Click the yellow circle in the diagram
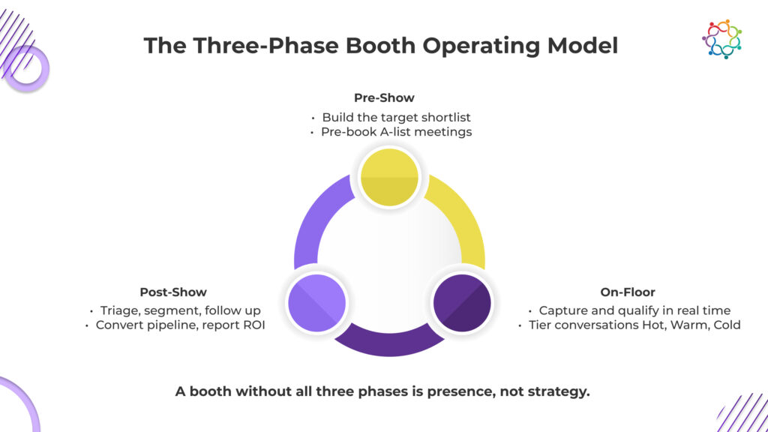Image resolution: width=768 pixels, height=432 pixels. pyautogui.click(x=389, y=177)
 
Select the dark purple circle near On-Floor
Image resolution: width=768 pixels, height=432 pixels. pyautogui.click(x=462, y=303)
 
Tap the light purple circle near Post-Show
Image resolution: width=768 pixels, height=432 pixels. pyautogui.click(x=317, y=303)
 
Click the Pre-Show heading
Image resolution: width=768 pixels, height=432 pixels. pyautogui.click(x=384, y=98)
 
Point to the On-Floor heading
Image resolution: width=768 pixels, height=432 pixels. pyautogui.click(x=628, y=292)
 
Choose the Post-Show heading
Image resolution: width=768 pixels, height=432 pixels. pyautogui.click(x=173, y=292)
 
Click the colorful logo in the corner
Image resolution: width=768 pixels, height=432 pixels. pyautogui.click(x=721, y=39)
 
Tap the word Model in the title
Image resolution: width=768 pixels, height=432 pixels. pyautogui.click(x=582, y=46)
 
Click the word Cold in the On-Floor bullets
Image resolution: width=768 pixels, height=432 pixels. pyautogui.click(x=727, y=325)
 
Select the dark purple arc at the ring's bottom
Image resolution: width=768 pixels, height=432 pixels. pyautogui.click(x=389, y=342)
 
